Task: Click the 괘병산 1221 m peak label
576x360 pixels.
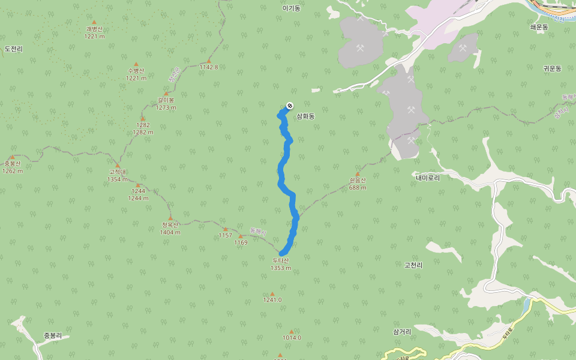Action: tap(95, 32)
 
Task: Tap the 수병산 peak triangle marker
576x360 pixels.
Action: tap(136, 64)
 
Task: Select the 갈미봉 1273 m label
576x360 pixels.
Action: tap(166, 104)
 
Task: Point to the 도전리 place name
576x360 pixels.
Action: tap(13, 49)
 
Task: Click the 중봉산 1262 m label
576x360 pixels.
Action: tap(12, 167)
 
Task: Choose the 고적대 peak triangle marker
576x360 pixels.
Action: tap(117, 166)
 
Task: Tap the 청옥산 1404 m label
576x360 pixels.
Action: tap(170, 229)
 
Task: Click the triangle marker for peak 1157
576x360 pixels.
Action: tap(226, 229)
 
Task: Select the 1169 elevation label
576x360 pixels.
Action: tap(241, 242)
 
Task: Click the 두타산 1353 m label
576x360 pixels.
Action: tap(281, 264)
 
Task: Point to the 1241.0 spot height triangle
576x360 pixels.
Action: tap(272, 293)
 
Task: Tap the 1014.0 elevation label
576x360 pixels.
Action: tap(292, 338)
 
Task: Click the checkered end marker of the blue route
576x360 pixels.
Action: tap(290, 106)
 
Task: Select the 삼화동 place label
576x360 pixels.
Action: tap(305, 116)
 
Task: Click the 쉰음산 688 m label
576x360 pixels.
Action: tap(358, 183)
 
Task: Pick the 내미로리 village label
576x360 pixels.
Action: tap(428, 178)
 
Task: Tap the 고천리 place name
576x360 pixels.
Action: tap(413, 265)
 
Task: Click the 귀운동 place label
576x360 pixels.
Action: tap(552, 68)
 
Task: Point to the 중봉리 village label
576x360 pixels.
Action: tap(53, 335)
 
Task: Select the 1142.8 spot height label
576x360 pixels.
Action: tap(209, 67)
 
